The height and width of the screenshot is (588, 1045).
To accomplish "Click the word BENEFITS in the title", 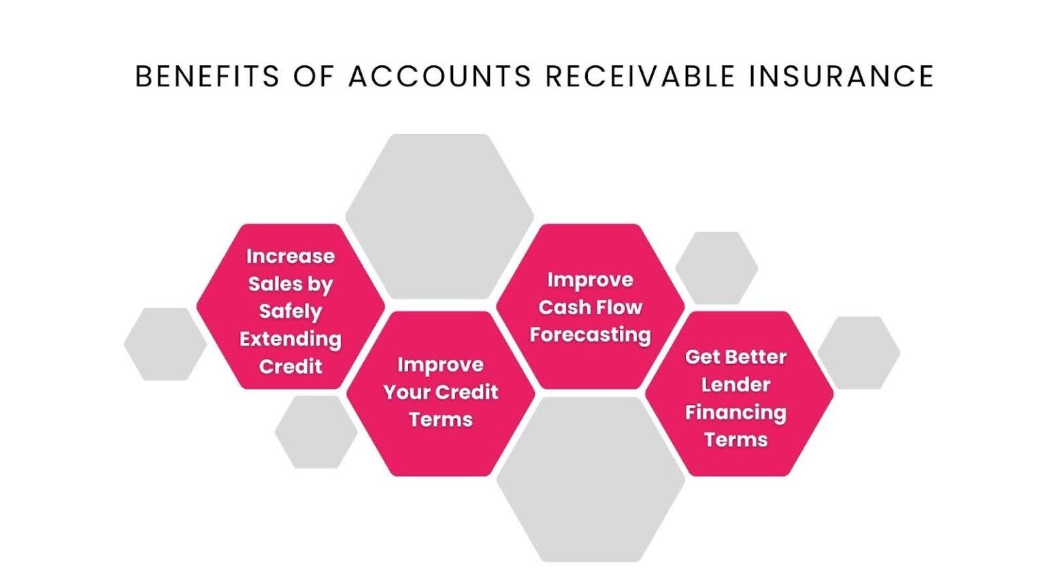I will (207, 76).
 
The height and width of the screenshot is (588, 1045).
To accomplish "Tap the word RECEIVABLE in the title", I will (640, 76).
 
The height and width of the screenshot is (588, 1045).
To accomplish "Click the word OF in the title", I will (314, 76).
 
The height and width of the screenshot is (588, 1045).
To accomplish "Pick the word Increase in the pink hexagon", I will (291, 257).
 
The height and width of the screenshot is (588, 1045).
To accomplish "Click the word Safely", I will (291, 312).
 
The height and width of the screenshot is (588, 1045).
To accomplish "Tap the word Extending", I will (291, 339).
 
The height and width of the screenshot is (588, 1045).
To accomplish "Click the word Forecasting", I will (591, 335).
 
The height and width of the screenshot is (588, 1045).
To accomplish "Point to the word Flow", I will (620, 308).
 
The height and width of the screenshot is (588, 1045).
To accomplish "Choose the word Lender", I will (735, 385).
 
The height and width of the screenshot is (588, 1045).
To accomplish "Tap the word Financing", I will (735, 412).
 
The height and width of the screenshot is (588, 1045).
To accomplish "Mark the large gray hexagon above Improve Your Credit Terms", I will (439, 214).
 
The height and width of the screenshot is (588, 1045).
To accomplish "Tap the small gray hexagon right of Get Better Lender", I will (859, 353).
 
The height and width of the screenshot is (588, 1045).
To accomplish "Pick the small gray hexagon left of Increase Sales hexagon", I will (165, 344).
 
